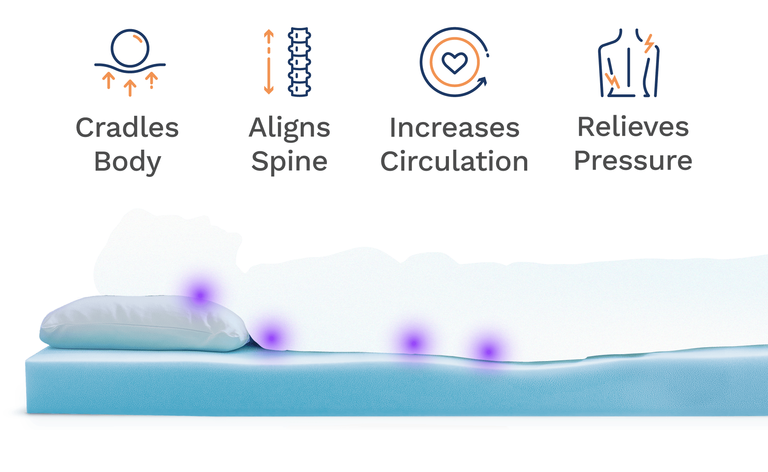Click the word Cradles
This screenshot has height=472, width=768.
[127, 128]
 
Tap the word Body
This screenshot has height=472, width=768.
[127, 162]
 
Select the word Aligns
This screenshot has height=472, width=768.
[289, 129]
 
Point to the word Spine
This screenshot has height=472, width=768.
[289, 162]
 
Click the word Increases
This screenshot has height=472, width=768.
[454, 128]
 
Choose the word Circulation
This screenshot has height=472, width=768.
[454, 162]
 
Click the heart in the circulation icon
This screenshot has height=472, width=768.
[454, 63]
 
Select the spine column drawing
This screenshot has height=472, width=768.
[300, 61]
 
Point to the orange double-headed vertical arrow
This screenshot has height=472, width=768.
[268, 61]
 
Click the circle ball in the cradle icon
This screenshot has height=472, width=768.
[130, 48]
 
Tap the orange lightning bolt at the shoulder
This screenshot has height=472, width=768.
[649, 43]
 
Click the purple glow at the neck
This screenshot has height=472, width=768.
[200, 295]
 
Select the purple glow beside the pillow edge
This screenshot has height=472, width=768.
[271, 338]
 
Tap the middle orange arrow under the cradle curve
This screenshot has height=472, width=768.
[130, 87]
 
